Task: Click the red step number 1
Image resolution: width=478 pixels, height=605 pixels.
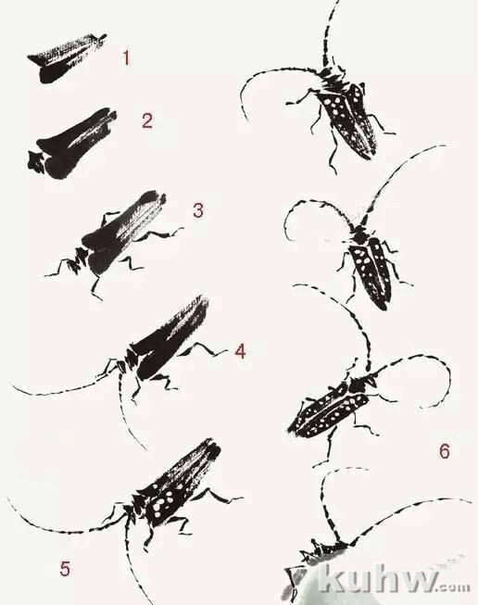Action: tap(126, 57)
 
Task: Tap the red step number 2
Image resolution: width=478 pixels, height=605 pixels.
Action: tap(147, 120)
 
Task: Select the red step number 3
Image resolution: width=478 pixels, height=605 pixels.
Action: tap(198, 210)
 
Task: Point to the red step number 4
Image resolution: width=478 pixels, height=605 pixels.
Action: tap(240, 351)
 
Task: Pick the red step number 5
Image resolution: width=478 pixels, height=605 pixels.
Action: tap(65, 568)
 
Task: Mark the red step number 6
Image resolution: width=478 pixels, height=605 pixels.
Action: tap(445, 450)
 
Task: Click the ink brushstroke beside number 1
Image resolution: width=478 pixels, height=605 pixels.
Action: tap(67, 58)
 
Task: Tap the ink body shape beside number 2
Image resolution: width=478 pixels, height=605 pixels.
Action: tap(72, 144)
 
